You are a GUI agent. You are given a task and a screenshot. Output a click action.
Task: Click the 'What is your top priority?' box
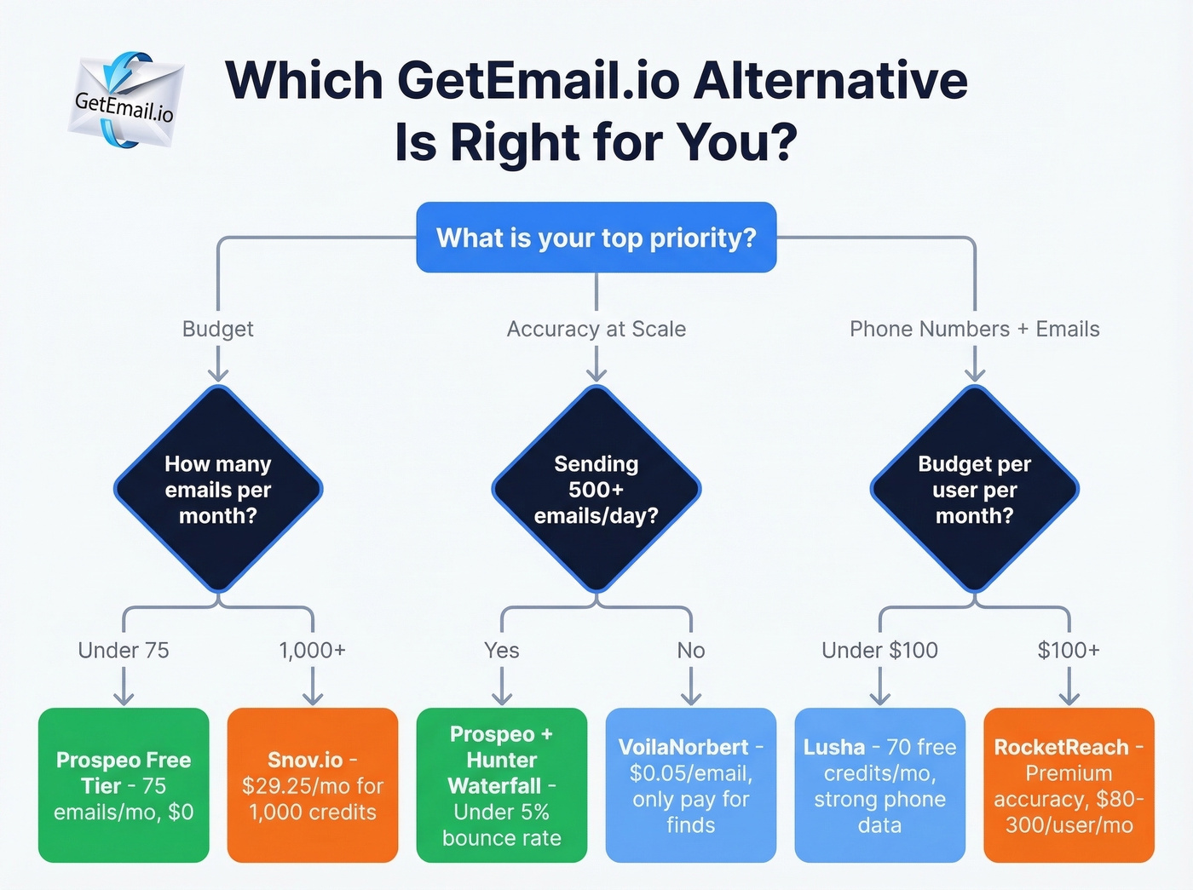(596, 238)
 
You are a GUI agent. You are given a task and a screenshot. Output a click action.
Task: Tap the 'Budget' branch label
(218, 329)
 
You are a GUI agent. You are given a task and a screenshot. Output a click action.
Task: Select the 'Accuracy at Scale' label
(596, 329)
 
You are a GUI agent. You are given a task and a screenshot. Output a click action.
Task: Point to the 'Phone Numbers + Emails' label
(974, 329)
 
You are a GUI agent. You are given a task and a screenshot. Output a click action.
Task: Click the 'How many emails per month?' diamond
(218, 489)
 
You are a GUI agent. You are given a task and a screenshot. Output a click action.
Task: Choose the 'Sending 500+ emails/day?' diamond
(596, 489)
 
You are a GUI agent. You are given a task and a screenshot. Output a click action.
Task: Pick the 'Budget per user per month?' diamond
(974, 489)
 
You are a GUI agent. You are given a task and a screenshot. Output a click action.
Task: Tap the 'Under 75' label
(124, 650)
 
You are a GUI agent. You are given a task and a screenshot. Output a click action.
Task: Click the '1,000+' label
(312, 650)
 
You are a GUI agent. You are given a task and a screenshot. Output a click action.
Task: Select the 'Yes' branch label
(502, 650)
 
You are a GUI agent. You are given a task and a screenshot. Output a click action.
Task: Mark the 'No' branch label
(690, 650)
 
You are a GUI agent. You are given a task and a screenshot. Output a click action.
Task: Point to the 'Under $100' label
(879, 650)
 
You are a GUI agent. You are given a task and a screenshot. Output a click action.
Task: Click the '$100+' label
(1069, 650)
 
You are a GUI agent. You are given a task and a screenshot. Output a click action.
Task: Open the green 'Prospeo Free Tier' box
(124, 785)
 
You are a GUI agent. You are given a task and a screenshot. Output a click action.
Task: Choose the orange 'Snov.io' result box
(313, 785)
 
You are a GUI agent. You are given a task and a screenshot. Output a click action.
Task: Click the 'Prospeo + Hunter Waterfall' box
(502, 785)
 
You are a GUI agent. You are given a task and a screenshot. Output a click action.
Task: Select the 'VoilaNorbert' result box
(690, 785)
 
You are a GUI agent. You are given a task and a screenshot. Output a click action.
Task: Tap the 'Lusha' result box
(879, 785)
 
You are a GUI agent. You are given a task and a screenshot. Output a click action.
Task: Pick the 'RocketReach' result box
(1069, 785)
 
